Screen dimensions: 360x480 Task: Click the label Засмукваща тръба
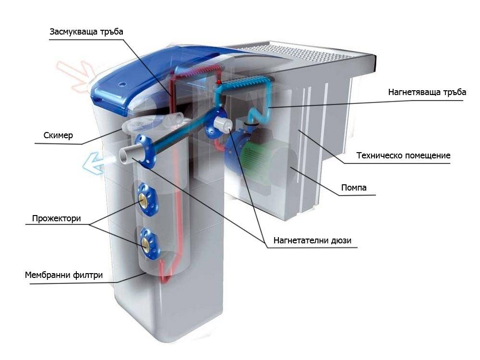[x=86, y=32]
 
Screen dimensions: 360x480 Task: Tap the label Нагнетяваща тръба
[x=427, y=93]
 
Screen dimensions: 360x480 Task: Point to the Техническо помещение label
[x=403, y=156]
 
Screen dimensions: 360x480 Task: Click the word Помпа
[x=353, y=188]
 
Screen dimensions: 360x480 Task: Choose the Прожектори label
[x=56, y=219]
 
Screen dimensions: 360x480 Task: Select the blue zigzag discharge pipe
[x=250, y=96]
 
